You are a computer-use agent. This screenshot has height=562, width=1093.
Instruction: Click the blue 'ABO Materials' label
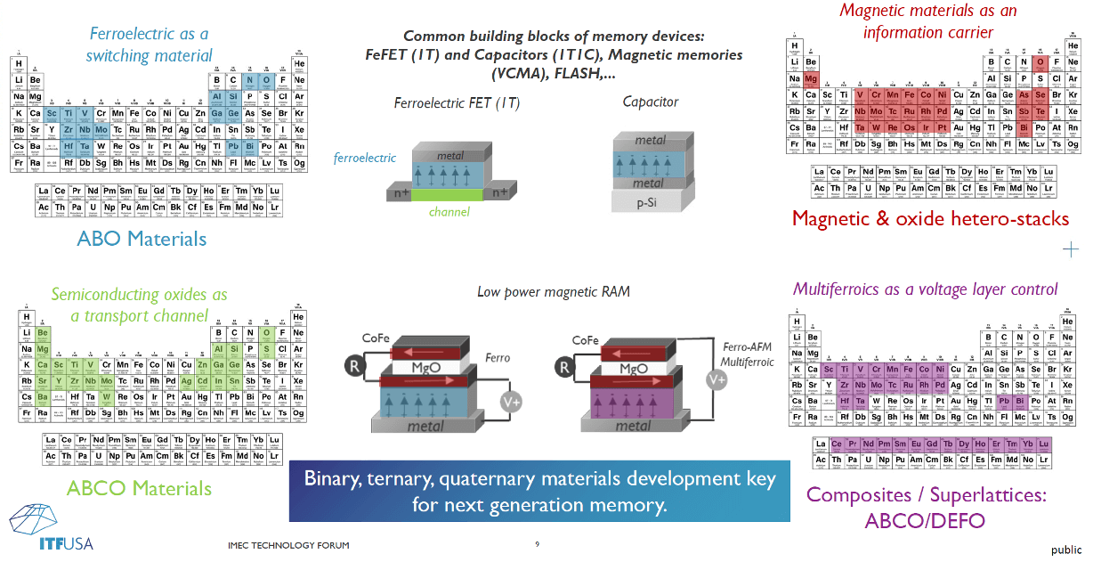pos(142,239)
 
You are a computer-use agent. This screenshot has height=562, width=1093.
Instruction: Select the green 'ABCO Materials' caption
pos(139,487)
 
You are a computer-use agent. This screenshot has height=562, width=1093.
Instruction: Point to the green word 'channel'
pos(449,212)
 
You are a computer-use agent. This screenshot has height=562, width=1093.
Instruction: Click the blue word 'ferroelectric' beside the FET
pos(365,158)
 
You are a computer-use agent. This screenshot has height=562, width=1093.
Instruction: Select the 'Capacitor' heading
pos(651,102)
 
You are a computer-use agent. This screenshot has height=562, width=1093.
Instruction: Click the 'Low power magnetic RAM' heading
pos(554,291)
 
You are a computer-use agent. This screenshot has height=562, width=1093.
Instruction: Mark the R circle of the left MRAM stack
pos(355,364)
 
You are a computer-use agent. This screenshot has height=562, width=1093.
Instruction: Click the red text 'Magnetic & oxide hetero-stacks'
pos(930,218)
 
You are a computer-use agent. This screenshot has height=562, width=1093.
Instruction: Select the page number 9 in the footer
pos(537,544)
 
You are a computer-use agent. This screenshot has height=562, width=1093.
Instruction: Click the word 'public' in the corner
pos(1065,550)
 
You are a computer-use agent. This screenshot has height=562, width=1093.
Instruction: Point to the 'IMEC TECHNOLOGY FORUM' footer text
pos(288,545)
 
